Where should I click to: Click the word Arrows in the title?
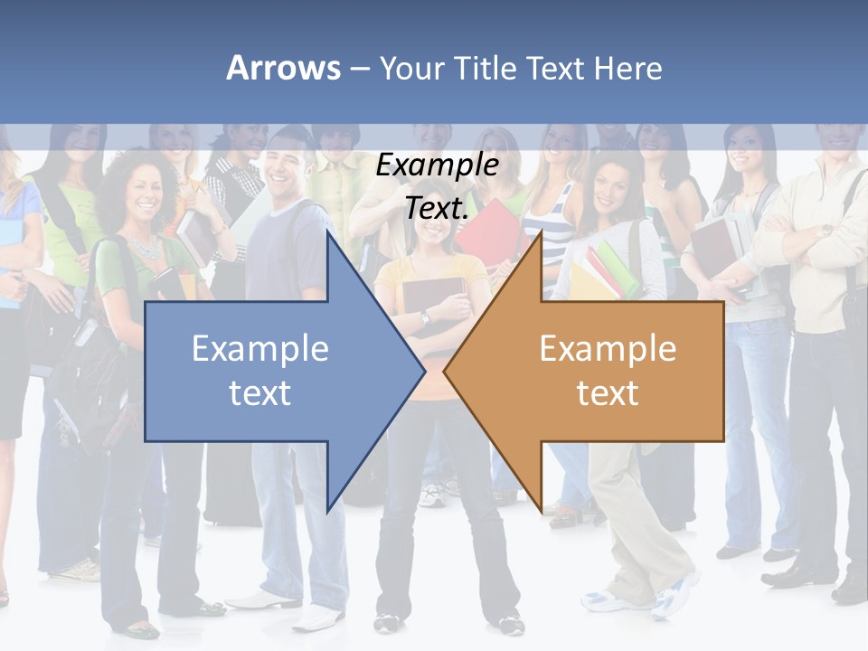[283, 68]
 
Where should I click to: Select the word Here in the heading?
[627, 68]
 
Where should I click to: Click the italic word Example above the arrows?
[437, 165]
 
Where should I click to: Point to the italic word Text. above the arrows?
[437, 208]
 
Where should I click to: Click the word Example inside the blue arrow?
[260, 348]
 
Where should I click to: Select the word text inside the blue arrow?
[260, 392]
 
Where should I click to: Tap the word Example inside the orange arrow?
[608, 348]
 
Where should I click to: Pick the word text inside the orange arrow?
[608, 392]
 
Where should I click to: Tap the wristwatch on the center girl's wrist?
[424, 317]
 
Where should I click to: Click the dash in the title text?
[359, 69]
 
